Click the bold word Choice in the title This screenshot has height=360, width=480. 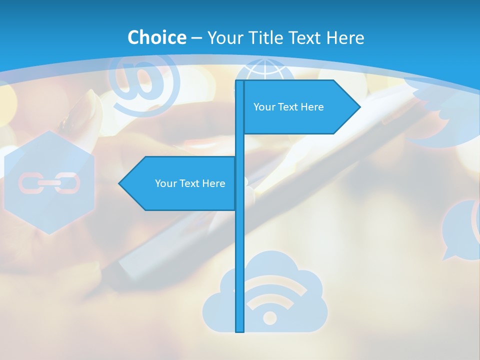pyautogui.click(x=156, y=37)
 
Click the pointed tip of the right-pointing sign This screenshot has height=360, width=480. pyautogui.click(x=359, y=106)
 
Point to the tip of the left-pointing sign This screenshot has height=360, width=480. pyautogui.click(x=120, y=183)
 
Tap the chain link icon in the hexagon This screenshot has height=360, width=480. pyautogui.click(x=49, y=183)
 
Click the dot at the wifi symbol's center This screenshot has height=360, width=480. pyautogui.click(x=270, y=317)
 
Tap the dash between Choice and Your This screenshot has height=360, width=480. pyautogui.click(x=196, y=38)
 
